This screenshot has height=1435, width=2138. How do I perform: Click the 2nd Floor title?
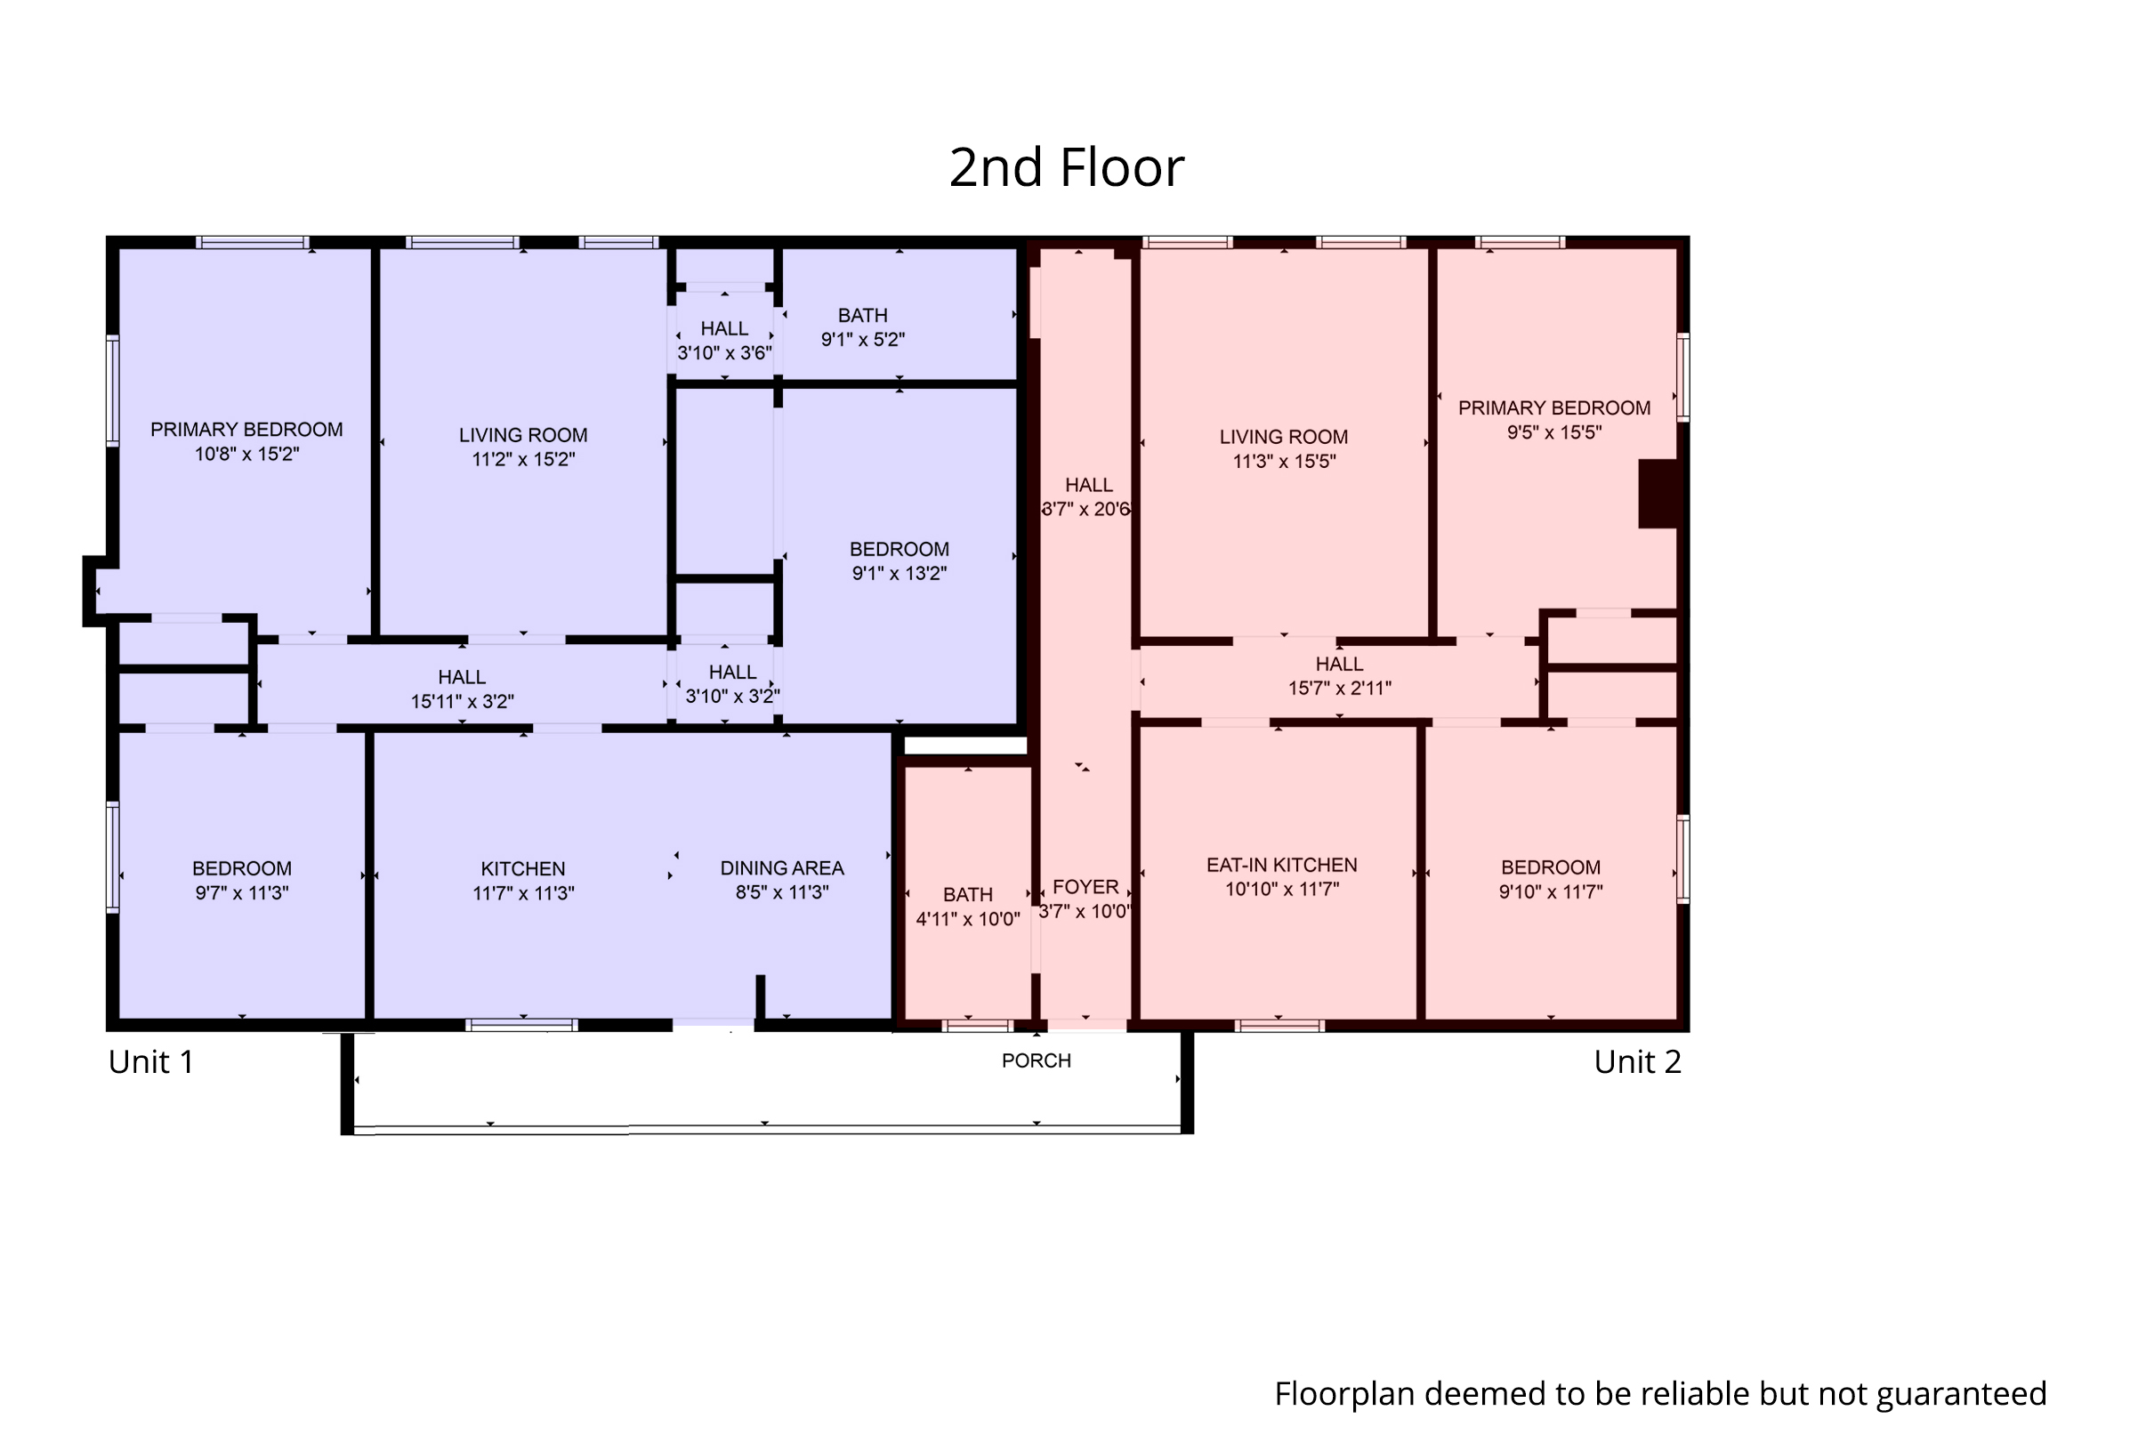1066,167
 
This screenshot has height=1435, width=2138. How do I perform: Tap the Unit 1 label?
151,1061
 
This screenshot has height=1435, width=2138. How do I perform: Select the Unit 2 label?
1637,1061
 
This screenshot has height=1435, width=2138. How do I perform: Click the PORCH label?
1036,1060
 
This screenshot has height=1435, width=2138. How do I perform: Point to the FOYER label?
1085,887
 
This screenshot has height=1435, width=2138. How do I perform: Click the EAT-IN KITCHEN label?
1281,865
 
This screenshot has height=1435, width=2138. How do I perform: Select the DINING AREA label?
781,867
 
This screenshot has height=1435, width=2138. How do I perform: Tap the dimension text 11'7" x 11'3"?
522,893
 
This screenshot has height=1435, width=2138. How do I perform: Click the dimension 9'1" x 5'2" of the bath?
862,340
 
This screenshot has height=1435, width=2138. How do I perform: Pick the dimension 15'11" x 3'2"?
462,702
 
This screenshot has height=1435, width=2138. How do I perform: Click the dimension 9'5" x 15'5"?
1554,433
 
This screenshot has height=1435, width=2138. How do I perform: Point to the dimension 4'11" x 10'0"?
967,919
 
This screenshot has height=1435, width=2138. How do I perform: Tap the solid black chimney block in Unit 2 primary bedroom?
1657,493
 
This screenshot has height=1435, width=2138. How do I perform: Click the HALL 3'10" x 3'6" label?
724,328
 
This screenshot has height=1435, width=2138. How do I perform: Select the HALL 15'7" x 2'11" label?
1339,665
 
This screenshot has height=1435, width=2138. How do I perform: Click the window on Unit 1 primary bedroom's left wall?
113,391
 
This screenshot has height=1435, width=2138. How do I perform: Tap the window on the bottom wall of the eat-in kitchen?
1279,1026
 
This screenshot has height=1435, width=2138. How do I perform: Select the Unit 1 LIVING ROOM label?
522,436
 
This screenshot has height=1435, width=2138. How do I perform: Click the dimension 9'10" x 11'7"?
1551,892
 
